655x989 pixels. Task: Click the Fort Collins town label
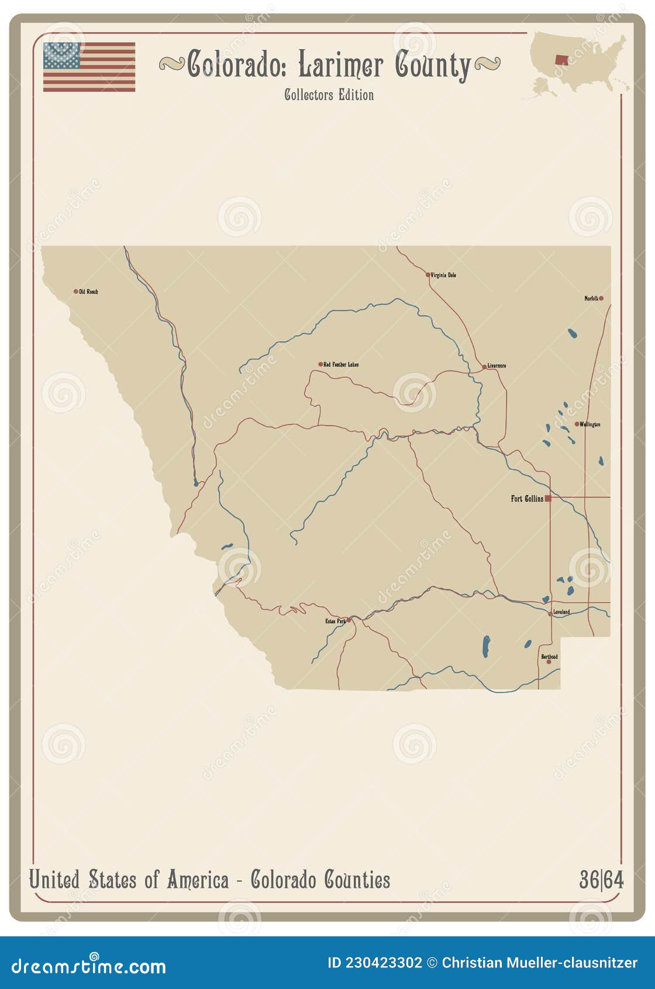click(526, 499)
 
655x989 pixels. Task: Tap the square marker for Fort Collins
click(548, 499)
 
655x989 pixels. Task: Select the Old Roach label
click(88, 291)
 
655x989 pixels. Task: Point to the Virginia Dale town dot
click(428, 274)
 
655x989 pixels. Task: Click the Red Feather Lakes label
click(341, 365)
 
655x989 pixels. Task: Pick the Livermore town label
click(497, 366)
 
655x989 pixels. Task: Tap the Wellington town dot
click(577, 424)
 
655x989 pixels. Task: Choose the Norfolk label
click(591, 298)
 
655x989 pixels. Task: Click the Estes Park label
click(335, 621)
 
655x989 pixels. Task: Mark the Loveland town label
click(561, 613)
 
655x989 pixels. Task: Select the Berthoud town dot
click(549, 662)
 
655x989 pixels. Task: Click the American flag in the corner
click(89, 67)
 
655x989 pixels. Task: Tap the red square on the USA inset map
click(561, 60)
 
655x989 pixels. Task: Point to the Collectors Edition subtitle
click(329, 95)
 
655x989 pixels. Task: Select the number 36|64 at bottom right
click(601, 880)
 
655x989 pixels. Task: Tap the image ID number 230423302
click(383, 963)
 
